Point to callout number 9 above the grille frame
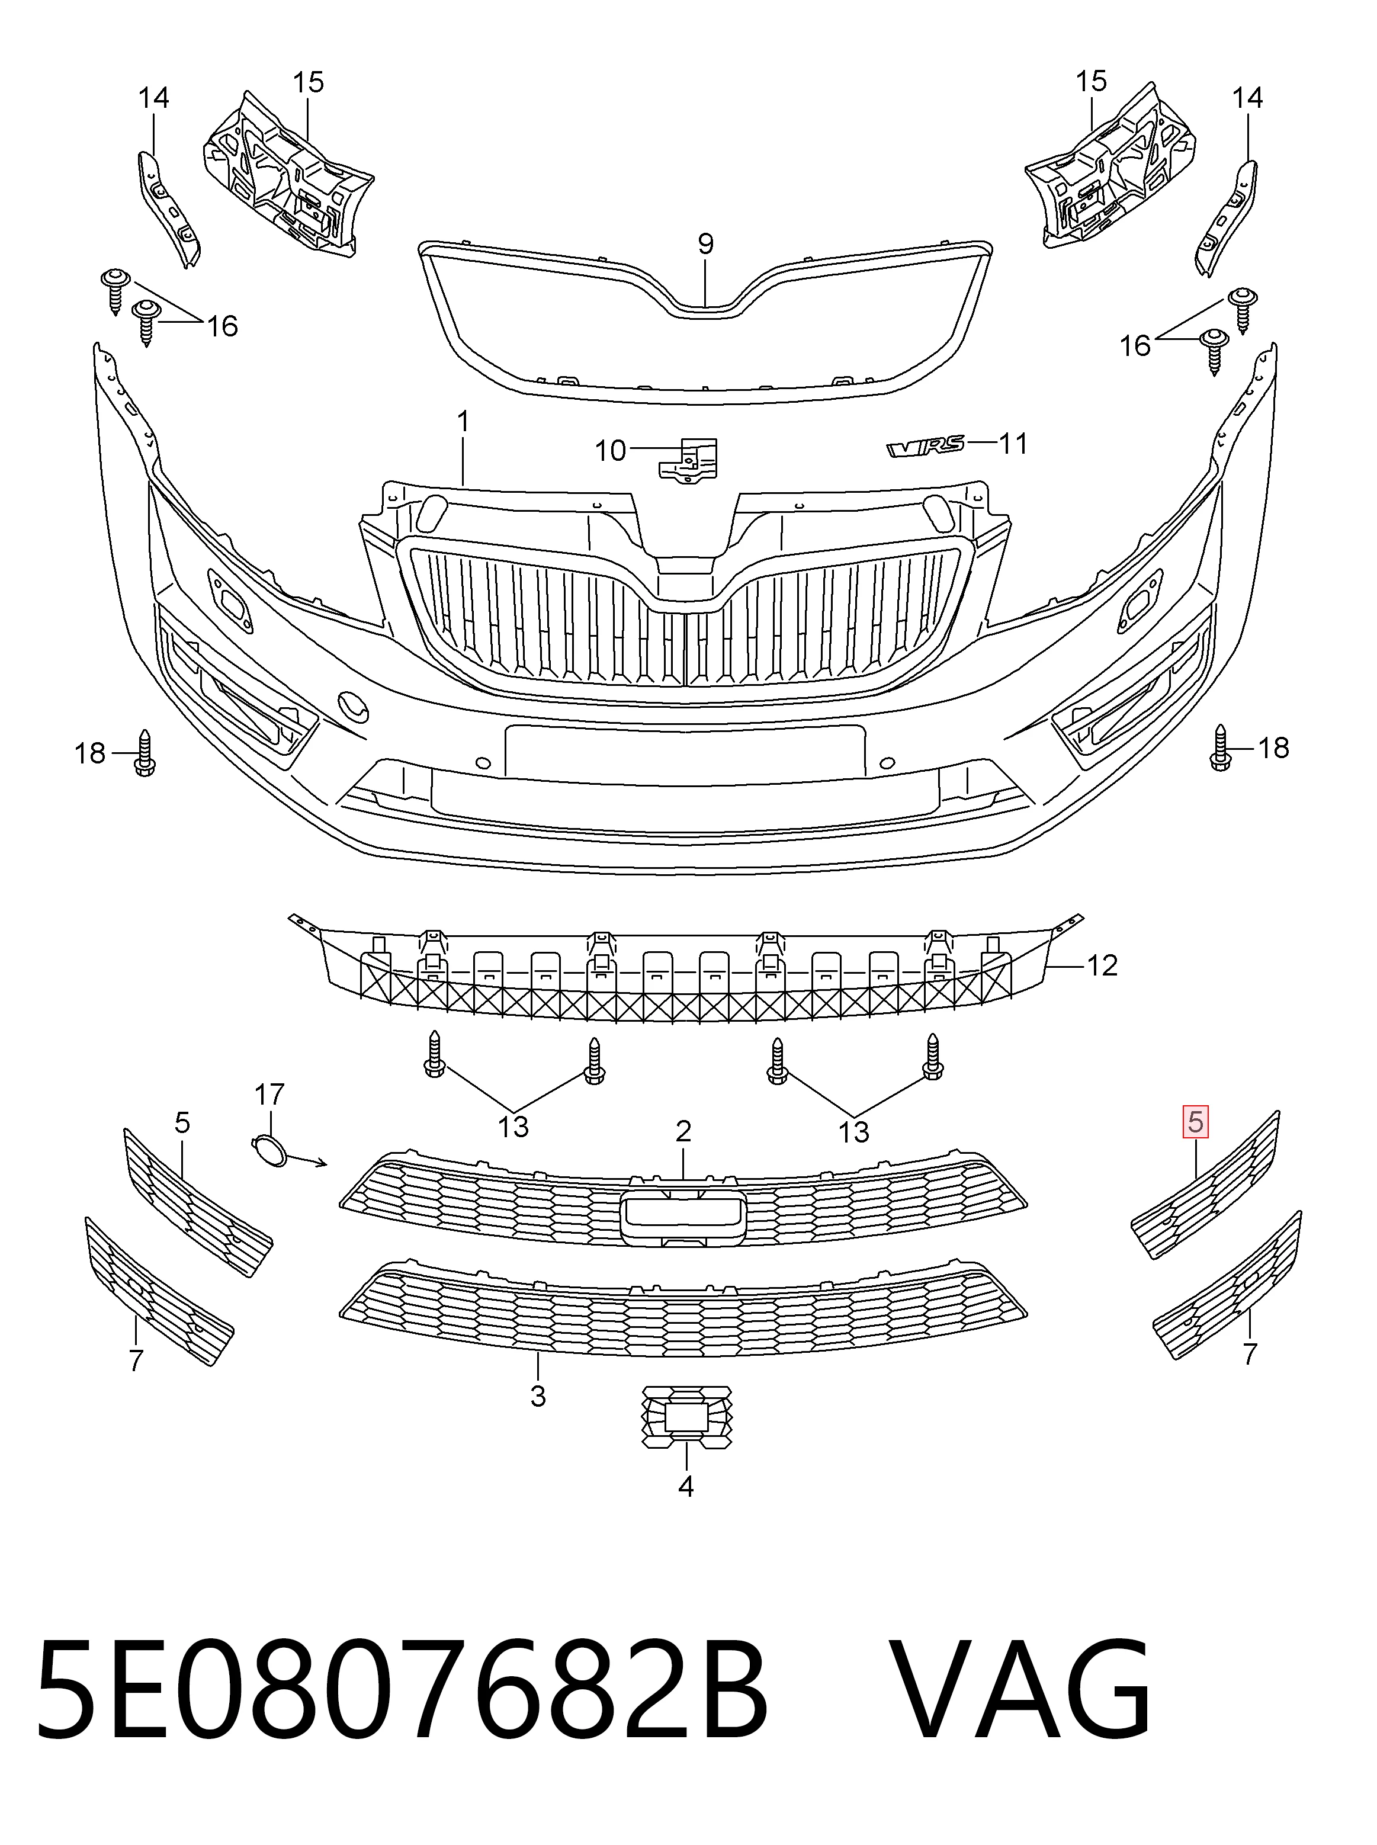point(705,244)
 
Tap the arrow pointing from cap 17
point(309,1160)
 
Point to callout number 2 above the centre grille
point(683,1131)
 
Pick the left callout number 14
point(153,98)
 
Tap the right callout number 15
point(1091,81)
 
